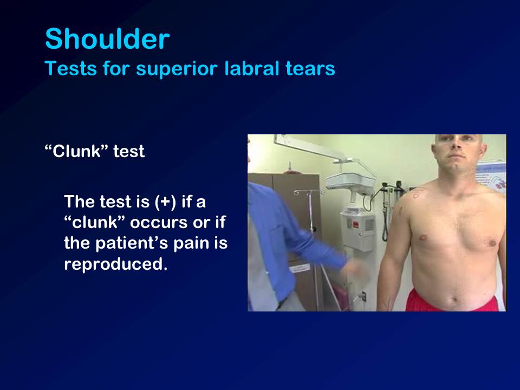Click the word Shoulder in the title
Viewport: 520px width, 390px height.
click(x=107, y=39)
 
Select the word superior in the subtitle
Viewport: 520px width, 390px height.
click(x=177, y=69)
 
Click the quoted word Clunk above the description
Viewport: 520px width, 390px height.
click(x=77, y=151)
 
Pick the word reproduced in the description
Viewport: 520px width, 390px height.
click(x=116, y=264)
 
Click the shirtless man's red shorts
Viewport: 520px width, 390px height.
click(x=452, y=301)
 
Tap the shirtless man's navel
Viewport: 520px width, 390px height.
click(x=454, y=300)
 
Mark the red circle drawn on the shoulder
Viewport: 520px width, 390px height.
click(x=416, y=195)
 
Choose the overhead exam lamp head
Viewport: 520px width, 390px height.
click(x=350, y=182)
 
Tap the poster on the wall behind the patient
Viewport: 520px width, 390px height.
click(x=491, y=175)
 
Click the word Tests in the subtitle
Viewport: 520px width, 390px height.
click(x=71, y=69)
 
